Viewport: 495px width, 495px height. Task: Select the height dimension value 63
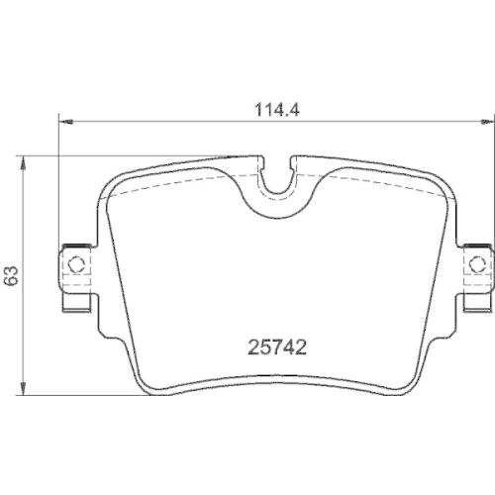point(11,276)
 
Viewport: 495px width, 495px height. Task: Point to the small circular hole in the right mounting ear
point(479,264)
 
